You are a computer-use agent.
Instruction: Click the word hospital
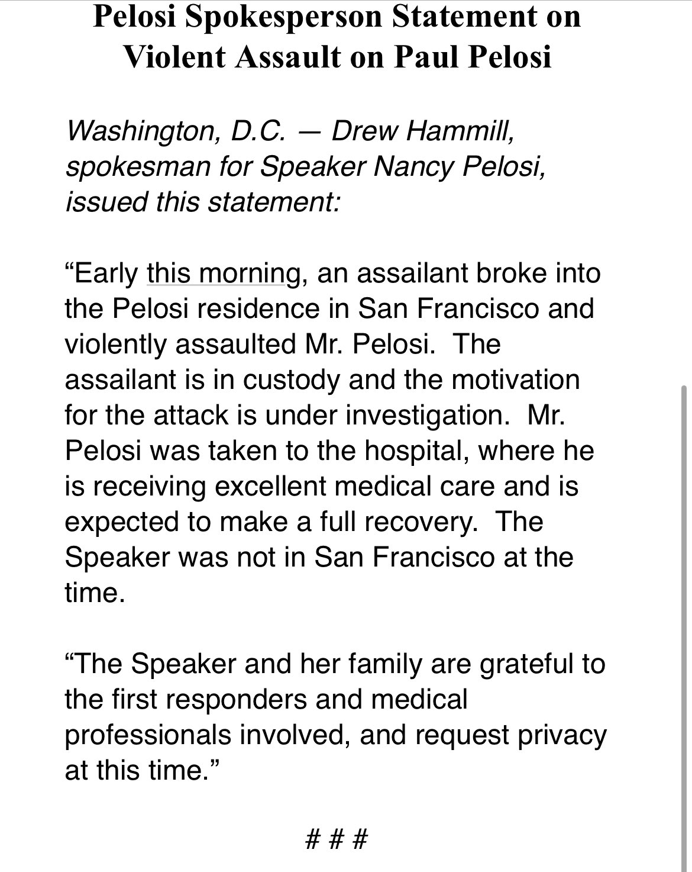pyautogui.click(x=418, y=451)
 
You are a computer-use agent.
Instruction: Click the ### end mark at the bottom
pyautogui.click(x=337, y=839)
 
